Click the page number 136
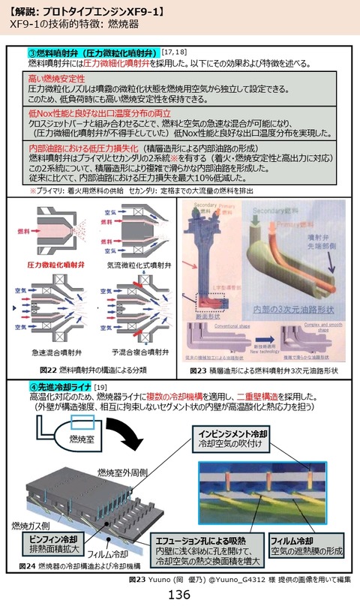pos(180,595)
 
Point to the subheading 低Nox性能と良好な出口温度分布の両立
pos(105,112)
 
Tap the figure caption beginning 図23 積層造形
pos(263,370)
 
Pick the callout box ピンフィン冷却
pos(44,544)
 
